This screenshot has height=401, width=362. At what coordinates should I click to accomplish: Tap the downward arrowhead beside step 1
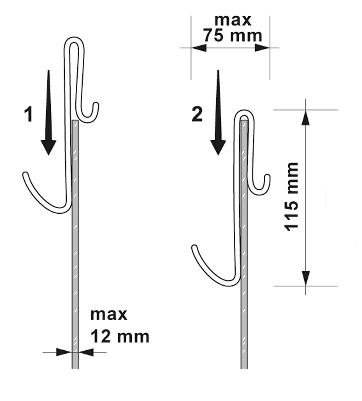coord(49,147)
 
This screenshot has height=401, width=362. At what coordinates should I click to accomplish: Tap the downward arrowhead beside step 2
coord(218,147)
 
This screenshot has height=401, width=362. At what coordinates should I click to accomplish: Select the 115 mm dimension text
coord(291,197)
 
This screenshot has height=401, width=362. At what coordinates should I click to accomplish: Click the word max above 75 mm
coord(233,20)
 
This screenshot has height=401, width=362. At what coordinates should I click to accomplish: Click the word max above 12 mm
coord(109,315)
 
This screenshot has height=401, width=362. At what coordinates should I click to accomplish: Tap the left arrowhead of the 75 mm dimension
coord(199,48)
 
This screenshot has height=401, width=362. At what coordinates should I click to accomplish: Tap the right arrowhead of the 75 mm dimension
coord(262,48)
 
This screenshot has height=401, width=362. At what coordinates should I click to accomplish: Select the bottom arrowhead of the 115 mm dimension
coord(306,278)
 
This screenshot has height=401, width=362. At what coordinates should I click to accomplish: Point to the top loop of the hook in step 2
coord(244,114)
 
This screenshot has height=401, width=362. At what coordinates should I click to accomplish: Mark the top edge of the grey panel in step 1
coord(75,121)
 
